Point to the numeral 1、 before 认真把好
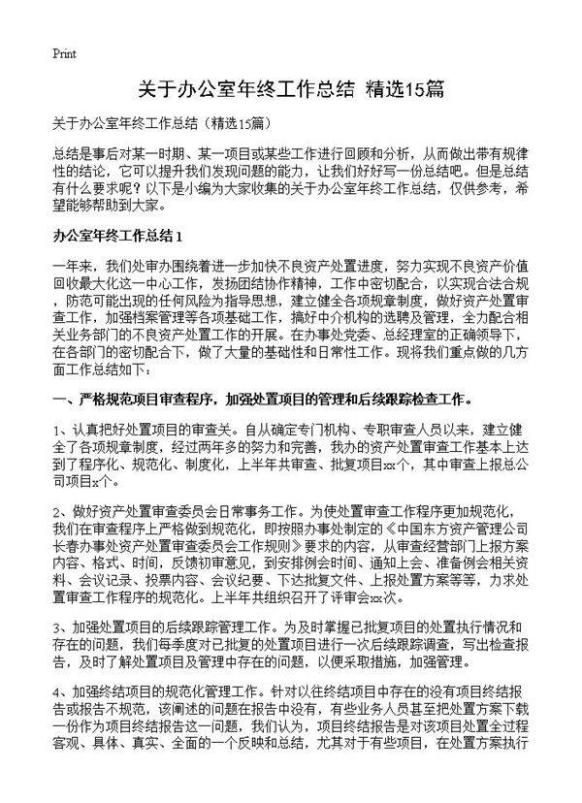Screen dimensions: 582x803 [61, 429]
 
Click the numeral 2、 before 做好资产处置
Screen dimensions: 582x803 [61, 509]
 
